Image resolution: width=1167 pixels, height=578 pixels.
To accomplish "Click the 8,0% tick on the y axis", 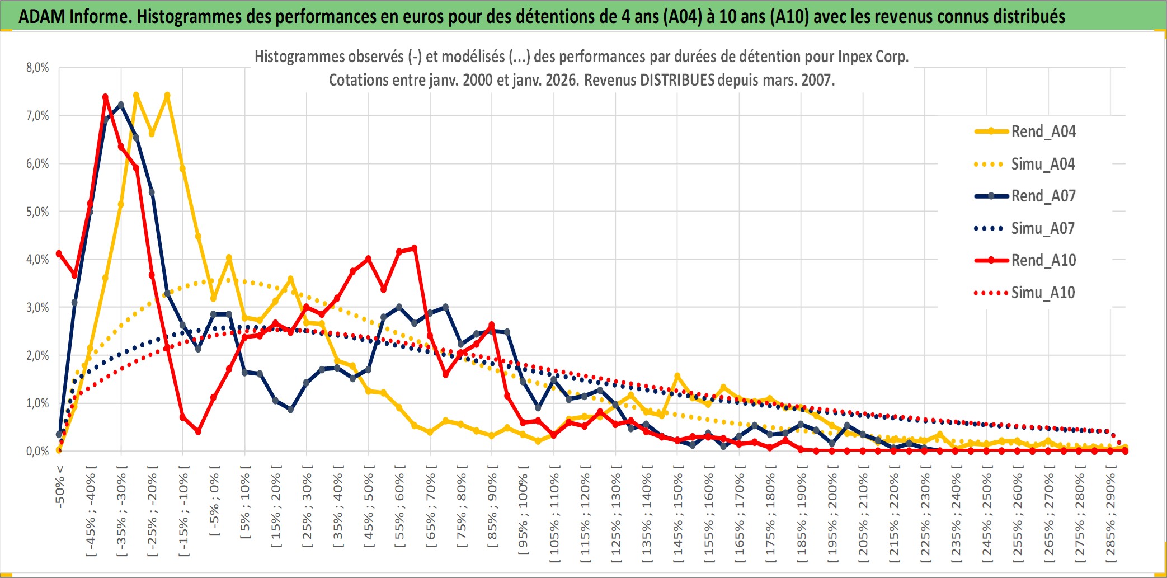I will [x=37, y=68].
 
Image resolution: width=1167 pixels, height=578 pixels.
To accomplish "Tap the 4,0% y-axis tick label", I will [x=37, y=260].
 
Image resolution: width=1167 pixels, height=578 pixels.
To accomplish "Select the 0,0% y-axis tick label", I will [x=37, y=451].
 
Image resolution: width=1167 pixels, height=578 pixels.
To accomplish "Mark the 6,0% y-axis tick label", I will [x=37, y=164].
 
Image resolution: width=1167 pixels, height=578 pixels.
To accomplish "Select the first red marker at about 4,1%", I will [x=59, y=253].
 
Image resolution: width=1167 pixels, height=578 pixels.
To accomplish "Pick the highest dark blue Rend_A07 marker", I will [x=121, y=105].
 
